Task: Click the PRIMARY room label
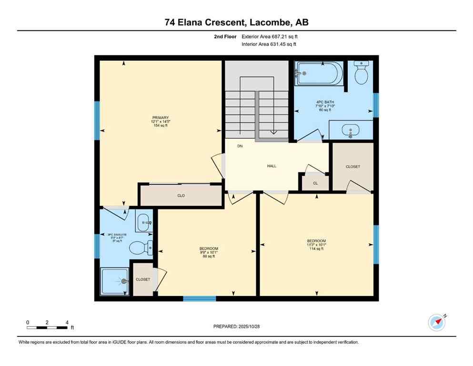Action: pyautogui.click(x=161, y=122)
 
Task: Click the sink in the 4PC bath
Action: pyautogui.click(x=351, y=130)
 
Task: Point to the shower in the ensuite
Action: pyautogui.click(x=115, y=282)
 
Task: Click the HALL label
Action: pyautogui.click(x=272, y=166)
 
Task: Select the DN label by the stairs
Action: pyautogui.click(x=240, y=146)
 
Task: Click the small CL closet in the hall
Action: pyautogui.click(x=315, y=183)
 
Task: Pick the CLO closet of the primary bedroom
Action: pyautogui.click(x=181, y=196)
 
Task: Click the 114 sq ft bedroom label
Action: pyautogui.click(x=316, y=244)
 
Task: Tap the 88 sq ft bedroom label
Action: pyautogui.click(x=209, y=253)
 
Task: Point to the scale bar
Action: pyautogui.click(x=47, y=327)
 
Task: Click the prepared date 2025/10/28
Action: pyautogui.click(x=237, y=326)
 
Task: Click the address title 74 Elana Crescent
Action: pyautogui.click(x=236, y=21)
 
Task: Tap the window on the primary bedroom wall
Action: pyautogui.click(x=97, y=120)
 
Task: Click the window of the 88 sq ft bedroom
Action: pyautogui.click(x=199, y=299)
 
